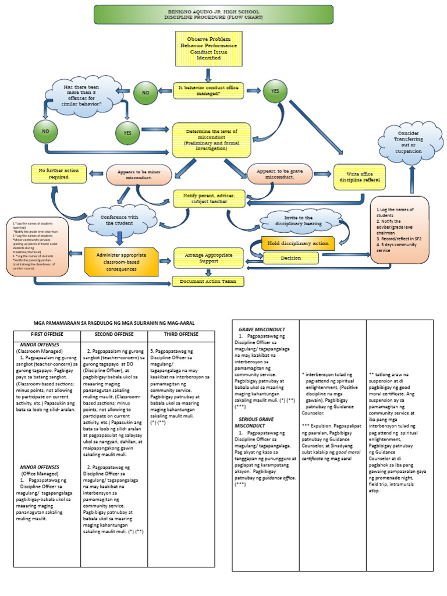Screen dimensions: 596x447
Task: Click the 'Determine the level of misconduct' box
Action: (211, 140)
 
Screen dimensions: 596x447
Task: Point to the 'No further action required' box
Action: (58, 173)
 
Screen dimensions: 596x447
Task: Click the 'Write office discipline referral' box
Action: (359, 177)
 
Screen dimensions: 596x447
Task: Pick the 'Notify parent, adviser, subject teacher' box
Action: (212, 199)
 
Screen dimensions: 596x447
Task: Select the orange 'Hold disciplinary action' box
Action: (298, 243)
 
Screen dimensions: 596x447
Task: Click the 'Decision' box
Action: (290, 257)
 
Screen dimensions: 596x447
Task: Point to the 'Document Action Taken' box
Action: (207, 281)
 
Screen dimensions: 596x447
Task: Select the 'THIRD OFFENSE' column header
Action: (181, 334)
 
